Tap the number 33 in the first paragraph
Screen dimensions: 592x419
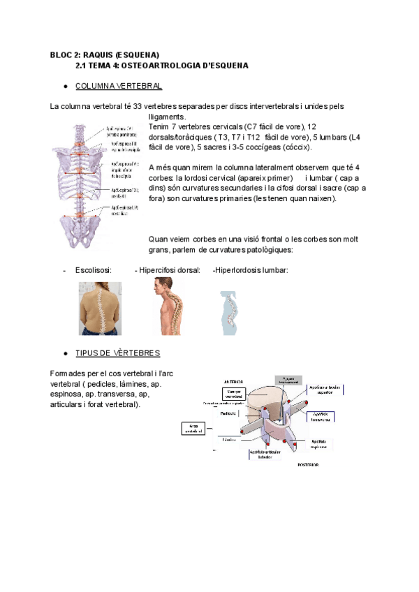click(x=138, y=106)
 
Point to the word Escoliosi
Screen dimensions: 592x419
click(x=92, y=270)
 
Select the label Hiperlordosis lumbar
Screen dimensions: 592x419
click(x=251, y=270)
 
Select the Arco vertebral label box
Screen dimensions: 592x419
click(x=192, y=429)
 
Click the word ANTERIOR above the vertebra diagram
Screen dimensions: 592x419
click(x=233, y=382)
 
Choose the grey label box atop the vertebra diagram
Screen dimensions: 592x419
click(x=288, y=379)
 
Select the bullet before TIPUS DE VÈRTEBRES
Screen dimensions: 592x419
click(x=65, y=353)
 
